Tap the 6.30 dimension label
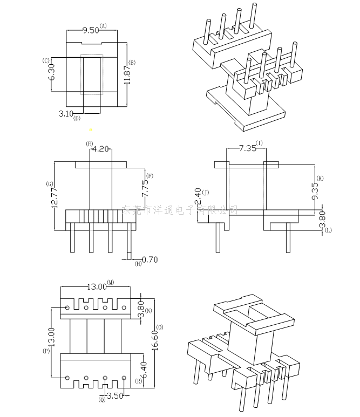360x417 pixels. tap(52, 72)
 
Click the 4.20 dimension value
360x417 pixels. tap(100, 149)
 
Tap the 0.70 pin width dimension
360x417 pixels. tap(150, 259)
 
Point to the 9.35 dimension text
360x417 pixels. tap(315, 192)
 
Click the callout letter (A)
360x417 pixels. tap(104, 26)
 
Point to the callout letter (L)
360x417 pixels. tap(328, 230)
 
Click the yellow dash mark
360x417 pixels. tap(91, 129)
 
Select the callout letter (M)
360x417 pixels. tap(111, 282)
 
